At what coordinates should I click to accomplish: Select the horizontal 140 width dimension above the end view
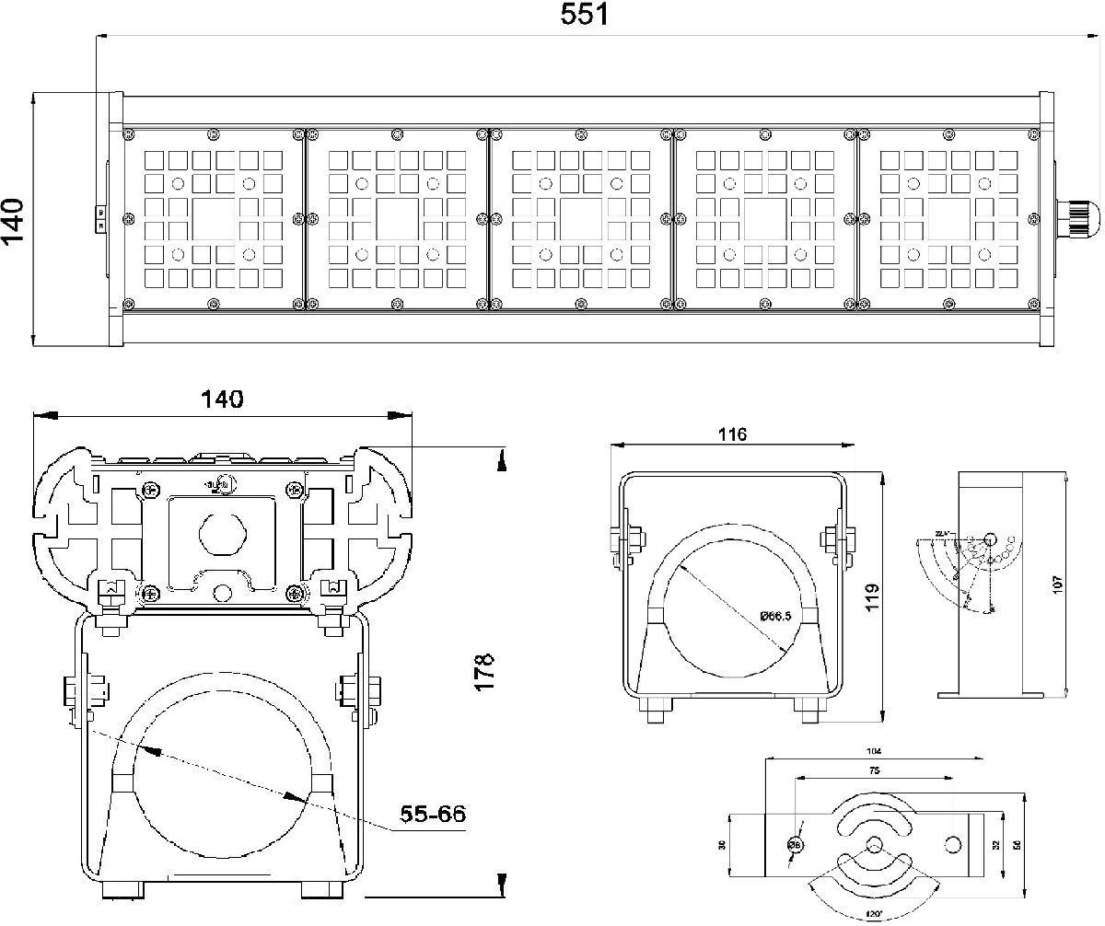point(223,399)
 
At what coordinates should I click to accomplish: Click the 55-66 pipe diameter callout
point(433,814)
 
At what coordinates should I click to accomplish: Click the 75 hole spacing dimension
point(871,770)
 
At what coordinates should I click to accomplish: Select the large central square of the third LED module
point(581,219)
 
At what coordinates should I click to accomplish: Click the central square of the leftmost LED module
point(213,219)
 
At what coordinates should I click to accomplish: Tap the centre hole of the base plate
point(874,845)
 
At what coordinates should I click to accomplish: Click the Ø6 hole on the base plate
point(794,845)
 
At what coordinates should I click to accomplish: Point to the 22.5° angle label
point(940,534)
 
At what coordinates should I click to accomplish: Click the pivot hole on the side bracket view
point(991,538)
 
